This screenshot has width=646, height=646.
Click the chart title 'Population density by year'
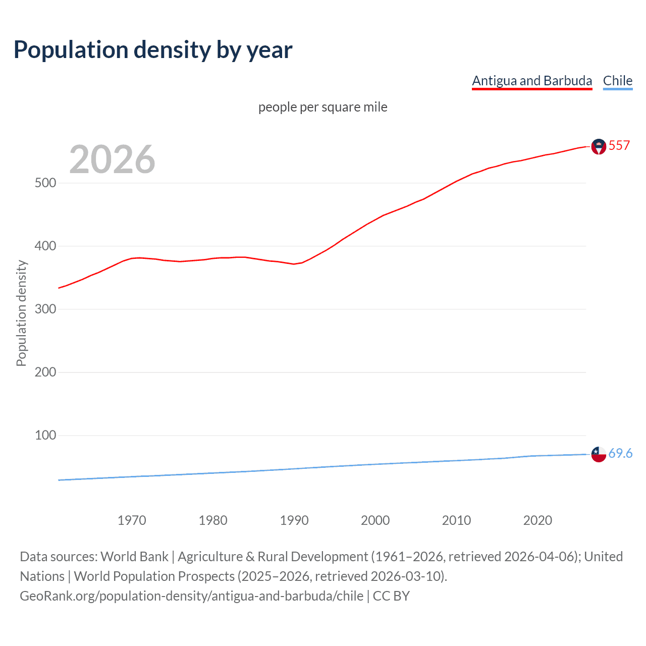coord(153,50)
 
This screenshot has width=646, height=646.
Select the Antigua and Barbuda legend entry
coord(532,81)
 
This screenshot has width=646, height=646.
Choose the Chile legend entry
coord(618,81)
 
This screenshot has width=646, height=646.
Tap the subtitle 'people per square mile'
coord(323,107)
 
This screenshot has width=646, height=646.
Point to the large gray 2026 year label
coord(112,159)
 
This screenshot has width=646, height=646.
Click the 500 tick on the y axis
coord(45,183)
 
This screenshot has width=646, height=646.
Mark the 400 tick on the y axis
coord(45,246)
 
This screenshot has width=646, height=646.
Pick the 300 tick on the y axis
coord(45,309)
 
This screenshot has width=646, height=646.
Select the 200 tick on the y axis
coord(45,372)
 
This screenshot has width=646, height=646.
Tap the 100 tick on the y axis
coord(45,435)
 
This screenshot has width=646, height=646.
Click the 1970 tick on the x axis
coord(132,520)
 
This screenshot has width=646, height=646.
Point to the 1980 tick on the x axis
coord(213,520)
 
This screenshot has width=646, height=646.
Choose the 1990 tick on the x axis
coord(294,520)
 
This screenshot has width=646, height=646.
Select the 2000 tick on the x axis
coord(375,520)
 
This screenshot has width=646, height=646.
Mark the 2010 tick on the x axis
coord(457,520)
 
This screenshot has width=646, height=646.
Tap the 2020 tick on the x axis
coord(538,520)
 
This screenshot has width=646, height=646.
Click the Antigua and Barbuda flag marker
coord(599,146)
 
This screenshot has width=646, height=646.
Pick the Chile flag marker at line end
coord(599,454)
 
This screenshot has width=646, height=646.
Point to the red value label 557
coord(619,146)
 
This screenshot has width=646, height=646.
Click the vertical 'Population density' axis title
coord(21,313)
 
